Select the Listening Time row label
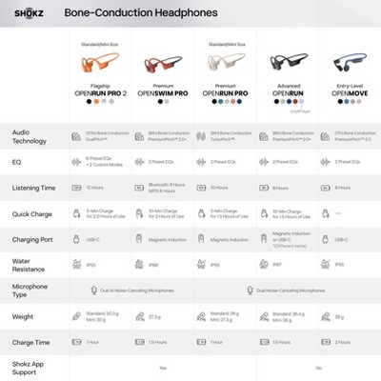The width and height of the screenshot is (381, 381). point(32,188)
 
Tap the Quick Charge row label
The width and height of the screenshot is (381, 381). point(32,214)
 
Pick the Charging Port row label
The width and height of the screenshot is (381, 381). point(32,241)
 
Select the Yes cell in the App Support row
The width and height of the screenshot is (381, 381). point(163,368)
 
